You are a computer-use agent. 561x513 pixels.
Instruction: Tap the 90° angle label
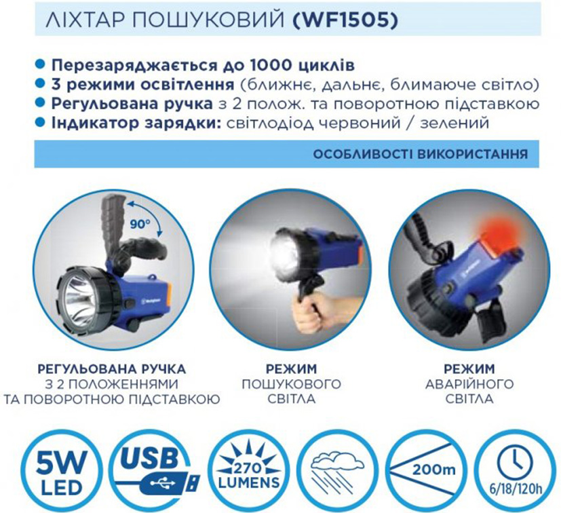(x=140, y=225)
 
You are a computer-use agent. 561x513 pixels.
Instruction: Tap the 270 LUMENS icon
(x=249, y=471)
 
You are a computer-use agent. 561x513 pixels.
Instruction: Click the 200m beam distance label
(x=433, y=469)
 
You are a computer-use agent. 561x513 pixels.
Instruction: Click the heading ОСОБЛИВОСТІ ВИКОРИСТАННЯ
(x=421, y=154)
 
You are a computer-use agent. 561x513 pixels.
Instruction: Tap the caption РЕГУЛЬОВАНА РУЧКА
(x=111, y=368)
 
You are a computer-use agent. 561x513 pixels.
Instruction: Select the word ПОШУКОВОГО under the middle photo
(x=291, y=384)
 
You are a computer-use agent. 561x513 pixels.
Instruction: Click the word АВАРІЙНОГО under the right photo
(x=469, y=384)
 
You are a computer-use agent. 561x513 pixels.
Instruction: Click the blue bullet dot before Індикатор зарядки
(x=41, y=123)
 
